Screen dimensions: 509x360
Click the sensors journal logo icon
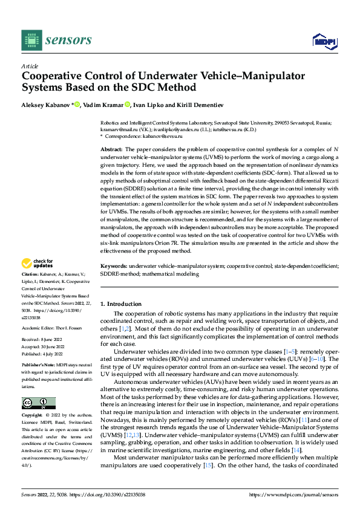31,41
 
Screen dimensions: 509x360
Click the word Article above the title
30,66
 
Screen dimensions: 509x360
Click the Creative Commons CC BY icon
38,403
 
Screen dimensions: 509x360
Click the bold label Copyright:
33,416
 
